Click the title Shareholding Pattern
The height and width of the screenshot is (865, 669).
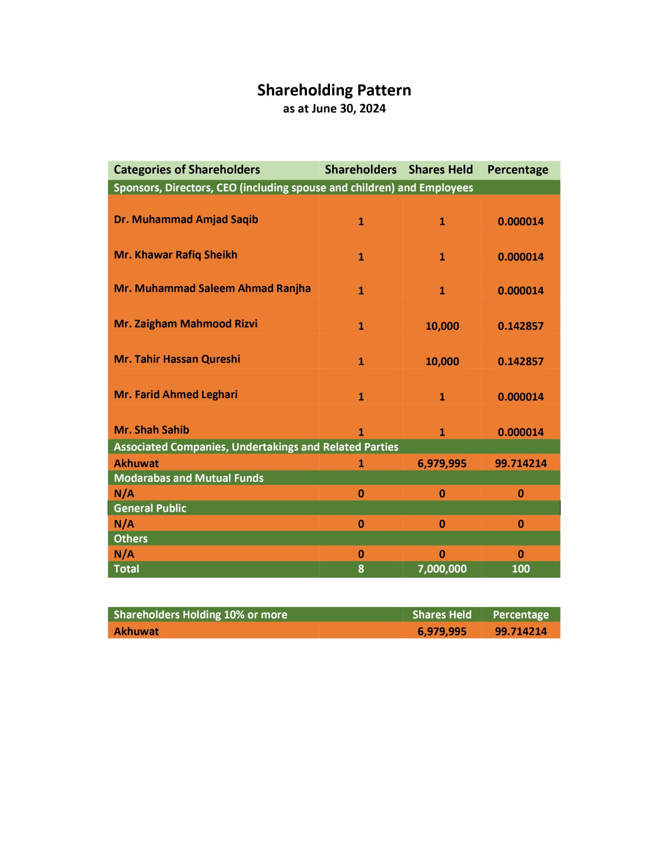tap(334, 90)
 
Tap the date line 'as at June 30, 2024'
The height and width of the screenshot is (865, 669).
tap(334, 109)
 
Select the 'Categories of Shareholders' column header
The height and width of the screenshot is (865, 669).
tap(187, 170)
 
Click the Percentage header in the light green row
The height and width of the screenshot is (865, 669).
tap(518, 170)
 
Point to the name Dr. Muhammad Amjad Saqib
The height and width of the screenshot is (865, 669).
tap(186, 220)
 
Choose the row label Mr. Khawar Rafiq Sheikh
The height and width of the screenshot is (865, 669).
tap(175, 255)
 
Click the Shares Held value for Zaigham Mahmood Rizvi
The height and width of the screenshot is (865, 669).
tap(442, 326)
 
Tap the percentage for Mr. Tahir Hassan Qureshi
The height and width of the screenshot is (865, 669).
tap(521, 362)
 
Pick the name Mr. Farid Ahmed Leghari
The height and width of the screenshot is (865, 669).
tap(175, 394)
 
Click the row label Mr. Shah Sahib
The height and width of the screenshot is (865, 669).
tap(151, 430)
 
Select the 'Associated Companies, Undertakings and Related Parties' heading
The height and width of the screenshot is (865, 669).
tap(256, 447)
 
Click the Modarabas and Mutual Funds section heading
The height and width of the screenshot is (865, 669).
tap(188, 478)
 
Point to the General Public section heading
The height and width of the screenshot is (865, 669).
tap(150, 508)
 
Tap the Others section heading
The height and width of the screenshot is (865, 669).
tap(131, 539)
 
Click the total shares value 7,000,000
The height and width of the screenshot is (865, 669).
tap(442, 569)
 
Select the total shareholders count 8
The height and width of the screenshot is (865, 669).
tap(361, 569)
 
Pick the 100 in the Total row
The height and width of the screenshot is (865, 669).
tap(521, 569)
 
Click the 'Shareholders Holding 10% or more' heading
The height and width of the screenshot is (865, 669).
tap(200, 615)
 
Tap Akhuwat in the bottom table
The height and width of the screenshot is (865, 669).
tap(136, 631)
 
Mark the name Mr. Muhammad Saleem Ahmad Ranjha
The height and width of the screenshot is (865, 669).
tap(212, 288)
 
